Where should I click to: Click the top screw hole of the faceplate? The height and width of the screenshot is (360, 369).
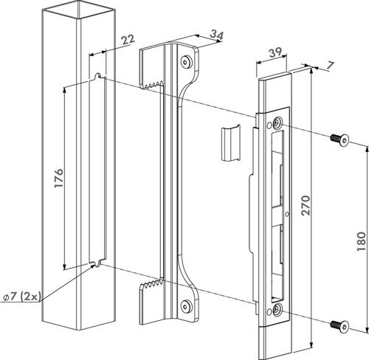pyautogui.click(x=279, y=123)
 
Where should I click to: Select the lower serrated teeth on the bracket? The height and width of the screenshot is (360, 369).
pyautogui.click(x=151, y=285)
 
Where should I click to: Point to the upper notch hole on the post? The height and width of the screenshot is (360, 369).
pyautogui.click(x=98, y=76)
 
